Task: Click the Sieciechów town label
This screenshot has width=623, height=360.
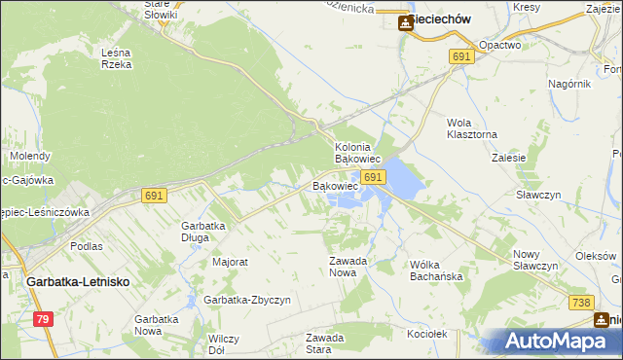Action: point(442,20)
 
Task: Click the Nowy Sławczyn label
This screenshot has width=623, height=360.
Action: point(534,260)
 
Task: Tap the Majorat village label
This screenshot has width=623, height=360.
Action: point(231,262)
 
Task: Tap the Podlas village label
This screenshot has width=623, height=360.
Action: point(87,246)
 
